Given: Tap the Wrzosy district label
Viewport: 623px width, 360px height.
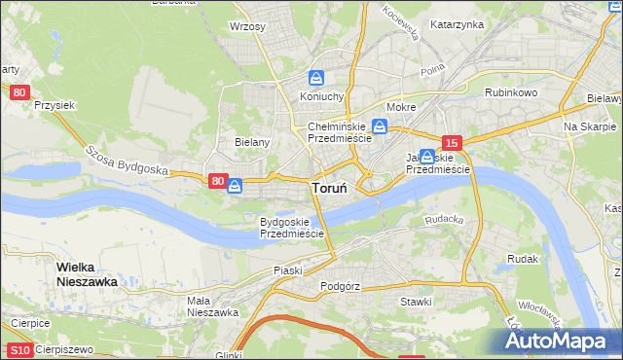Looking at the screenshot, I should [x=247, y=26].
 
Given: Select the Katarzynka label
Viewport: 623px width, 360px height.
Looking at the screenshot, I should [x=457, y=24].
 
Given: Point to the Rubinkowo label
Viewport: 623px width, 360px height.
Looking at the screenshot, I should [x=512, y=92].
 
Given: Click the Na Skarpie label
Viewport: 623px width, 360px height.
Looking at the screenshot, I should [x=590, y=127].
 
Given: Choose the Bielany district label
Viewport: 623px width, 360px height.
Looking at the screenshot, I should [x=251, y=141].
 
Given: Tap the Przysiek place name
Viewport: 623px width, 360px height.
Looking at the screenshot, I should [x=55, y=104].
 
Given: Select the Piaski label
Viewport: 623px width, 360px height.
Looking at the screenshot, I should [x=288, y=270].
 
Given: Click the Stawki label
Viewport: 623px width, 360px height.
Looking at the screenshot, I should [x=416, y=302].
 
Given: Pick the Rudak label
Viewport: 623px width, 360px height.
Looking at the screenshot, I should [x=523, y=259].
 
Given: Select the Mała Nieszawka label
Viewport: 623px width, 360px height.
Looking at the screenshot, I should [x=213, y=306].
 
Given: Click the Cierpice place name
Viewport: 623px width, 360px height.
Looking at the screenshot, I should [x=30, y=322].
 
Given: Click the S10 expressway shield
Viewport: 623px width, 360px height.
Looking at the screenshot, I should [x=19, y=349].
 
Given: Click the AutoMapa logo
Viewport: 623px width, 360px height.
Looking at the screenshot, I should [x=558, y=341].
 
